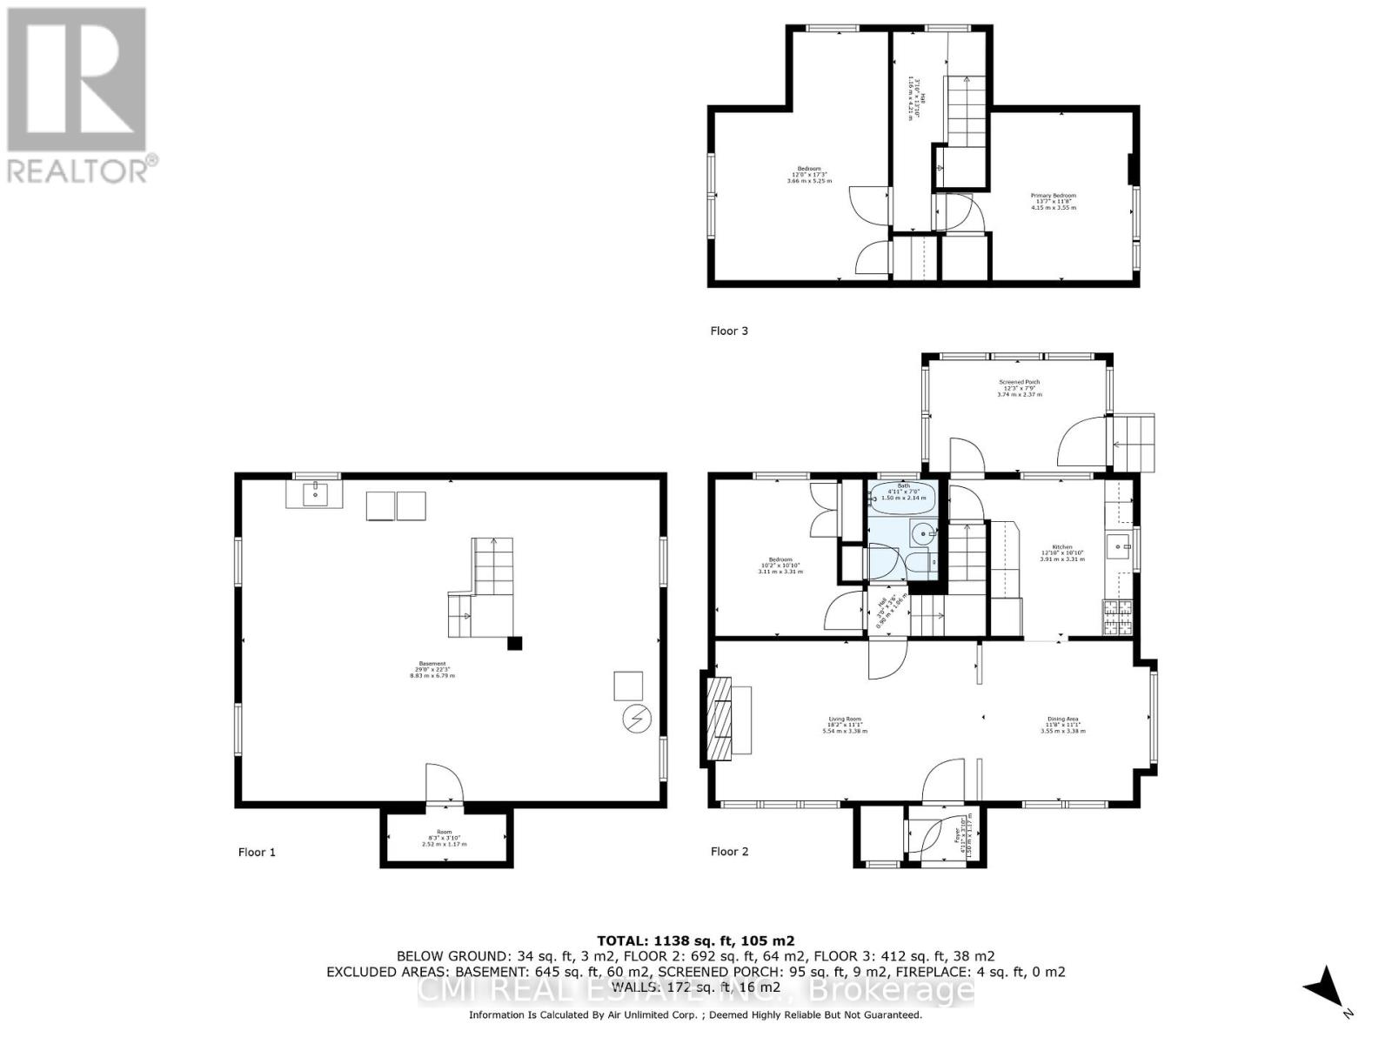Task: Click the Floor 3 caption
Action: coord(729,331)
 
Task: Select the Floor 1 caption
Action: coord(257,852)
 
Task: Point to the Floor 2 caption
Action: coord(729,851)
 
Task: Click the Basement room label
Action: coord(432,670)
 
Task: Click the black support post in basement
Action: coord(515,644)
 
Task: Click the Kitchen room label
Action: coord(1062,552)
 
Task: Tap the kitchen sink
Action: coord(1118,546)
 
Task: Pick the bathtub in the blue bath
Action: coord(902,499)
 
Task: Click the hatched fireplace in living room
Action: coord(719,719)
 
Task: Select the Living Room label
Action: coord(845,725)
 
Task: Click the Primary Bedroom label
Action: coord(1054,201)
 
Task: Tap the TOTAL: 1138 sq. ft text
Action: coord(695,940)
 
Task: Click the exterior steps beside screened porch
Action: coord(1135,442)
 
